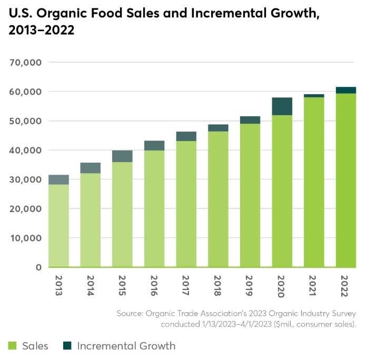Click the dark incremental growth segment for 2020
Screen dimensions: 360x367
pyautogui.click(x=282, y=106)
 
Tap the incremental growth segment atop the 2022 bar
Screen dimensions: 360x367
pyautogui.click(x=346, y=90)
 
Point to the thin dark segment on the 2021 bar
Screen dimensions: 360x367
pyautogui.click(x=314, y=96)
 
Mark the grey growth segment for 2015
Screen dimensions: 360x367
pyautogui.click(x=122, y=156)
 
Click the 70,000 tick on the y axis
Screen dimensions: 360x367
pyautogui.click(x=26, y=63)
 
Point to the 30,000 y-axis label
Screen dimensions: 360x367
pyautogui.click(x=26, y=179)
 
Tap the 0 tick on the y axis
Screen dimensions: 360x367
pyautogui.click(x=38, y=267)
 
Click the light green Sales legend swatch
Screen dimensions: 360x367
pyautogui.click(x=12, y=346)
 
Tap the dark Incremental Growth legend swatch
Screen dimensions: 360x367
pyautogui.click(x=66, y=346)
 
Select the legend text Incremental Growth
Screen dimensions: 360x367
pyautogui.click(x=126, y=346)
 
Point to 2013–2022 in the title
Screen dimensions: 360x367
pyautogui.click(x=41, y=31)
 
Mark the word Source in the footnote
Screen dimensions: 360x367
pyautogui.click(x=131, y=314)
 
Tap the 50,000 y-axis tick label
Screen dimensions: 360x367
pyautogui.click(x=26, y=121)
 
